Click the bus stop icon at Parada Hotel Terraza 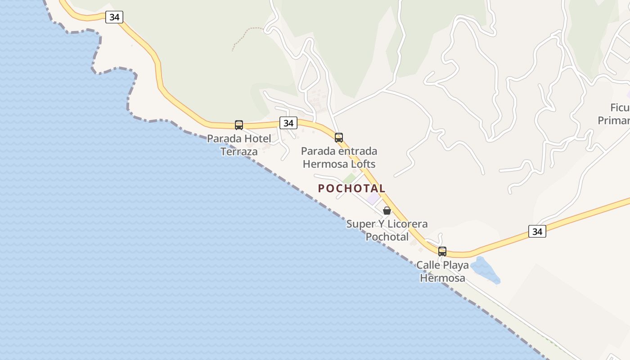point(239,125)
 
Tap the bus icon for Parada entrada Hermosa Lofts point(339,137)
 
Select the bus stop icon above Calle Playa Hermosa point(442,251)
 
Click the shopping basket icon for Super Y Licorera point(387,210)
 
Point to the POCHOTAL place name point(351,189)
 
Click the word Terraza point(239,152)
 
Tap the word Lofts point(361,164)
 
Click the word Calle point(427,265)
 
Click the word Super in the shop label point(359,224)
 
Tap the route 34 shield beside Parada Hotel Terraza point(288,122)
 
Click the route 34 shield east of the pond point(537,231)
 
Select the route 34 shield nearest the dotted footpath point(114,17)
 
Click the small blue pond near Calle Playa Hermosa point(485,270)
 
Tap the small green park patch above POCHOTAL point(349,179)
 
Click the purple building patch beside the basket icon point(373,198)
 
